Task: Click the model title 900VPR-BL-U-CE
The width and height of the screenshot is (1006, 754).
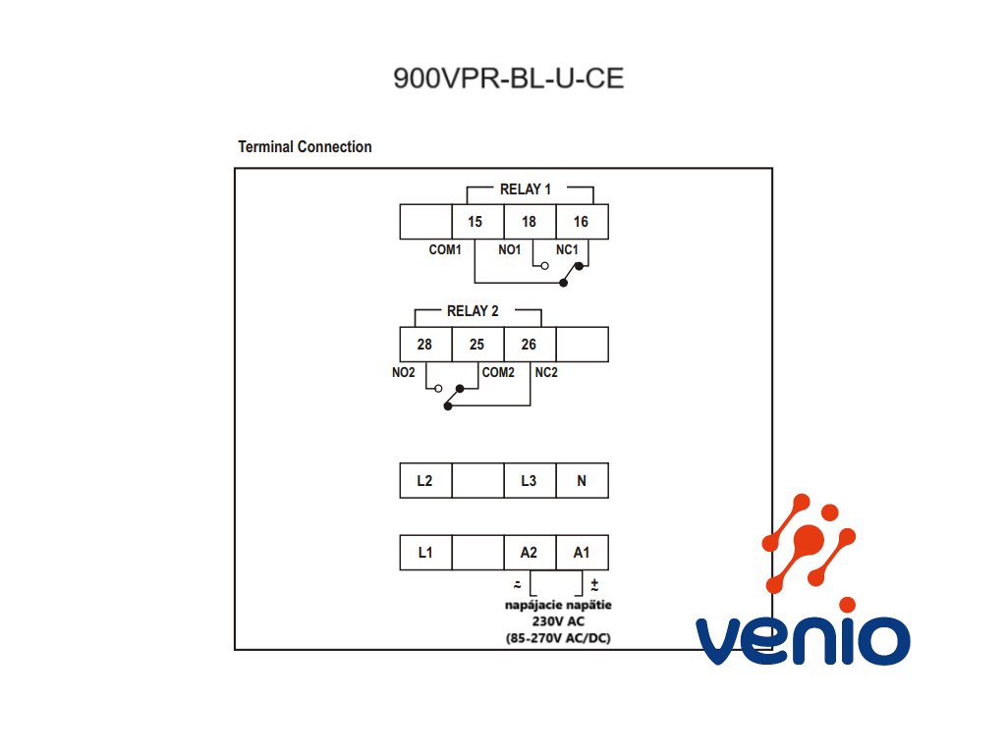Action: (x=508, y=79)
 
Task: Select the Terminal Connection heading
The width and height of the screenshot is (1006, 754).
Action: (x=305, y=147)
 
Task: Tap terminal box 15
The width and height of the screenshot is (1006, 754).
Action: (x=478, y=222)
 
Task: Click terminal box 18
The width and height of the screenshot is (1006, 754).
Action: (x=530, y=222)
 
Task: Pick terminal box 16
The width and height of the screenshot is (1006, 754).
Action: (x=582, y=222)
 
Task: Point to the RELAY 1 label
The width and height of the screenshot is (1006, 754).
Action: (x=526, y=189)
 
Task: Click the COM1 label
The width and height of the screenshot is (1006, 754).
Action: (x=445, y=249)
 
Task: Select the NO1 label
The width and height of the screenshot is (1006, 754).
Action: (x=510, y=249)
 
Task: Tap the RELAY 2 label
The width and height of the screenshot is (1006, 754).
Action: (x=473, y=311)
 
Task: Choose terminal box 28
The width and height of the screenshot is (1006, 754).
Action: (x=426, y=345)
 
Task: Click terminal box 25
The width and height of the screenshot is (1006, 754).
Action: (x=478, y=345)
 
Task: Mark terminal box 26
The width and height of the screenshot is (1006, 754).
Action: (x=530, y=345)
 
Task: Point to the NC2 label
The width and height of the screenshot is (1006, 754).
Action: (x=546, y=372)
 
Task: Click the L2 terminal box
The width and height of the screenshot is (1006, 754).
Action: (x=426, y=480)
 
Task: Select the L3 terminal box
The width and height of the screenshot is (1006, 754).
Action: (x=530, y=480)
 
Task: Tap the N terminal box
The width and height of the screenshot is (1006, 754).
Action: (x=582, y=480)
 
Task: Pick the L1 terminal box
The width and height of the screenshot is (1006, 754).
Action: (x=426, y=552)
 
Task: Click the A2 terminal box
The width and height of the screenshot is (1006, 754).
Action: (x=530, y=552)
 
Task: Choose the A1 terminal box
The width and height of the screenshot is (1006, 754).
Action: (x=582, y=552)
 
